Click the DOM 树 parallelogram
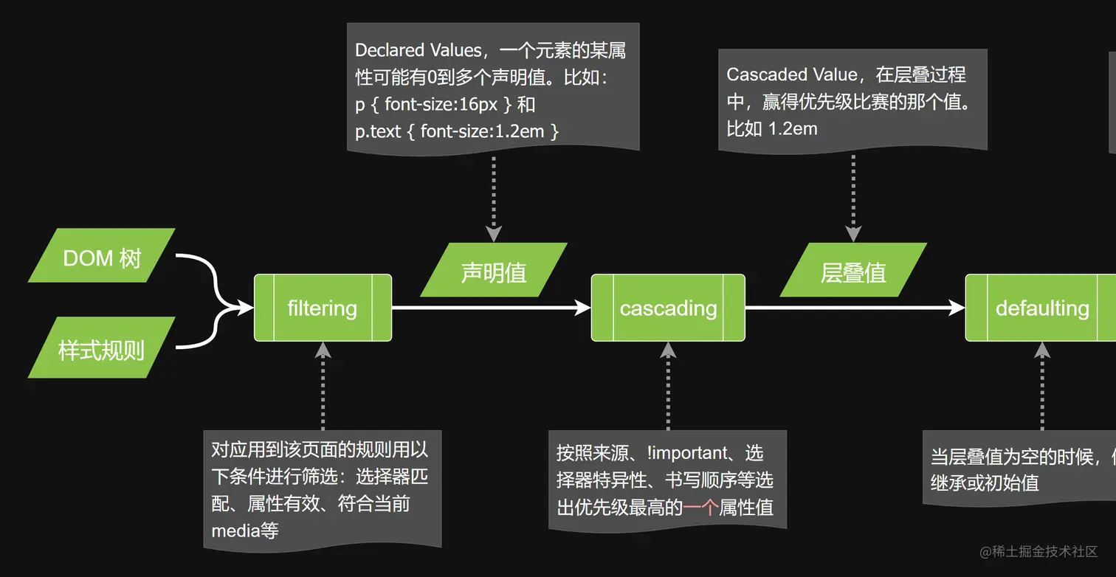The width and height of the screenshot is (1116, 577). (102, 255)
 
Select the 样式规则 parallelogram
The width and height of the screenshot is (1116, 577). (102, 348)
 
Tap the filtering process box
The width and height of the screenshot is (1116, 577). (323, 308)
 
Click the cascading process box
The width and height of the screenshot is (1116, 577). (668, 308)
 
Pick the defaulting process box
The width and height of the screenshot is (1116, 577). (1041, 308)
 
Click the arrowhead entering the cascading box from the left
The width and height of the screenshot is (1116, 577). (583, 308)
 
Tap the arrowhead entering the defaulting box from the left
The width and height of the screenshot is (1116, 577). (957, 308)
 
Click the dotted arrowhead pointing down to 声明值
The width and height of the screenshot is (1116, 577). (494, 234)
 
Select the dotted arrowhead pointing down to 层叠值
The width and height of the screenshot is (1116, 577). (853, 234)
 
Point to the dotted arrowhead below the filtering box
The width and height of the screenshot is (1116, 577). (323, 350)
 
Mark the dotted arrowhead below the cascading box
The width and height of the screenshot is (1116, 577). (668, 350)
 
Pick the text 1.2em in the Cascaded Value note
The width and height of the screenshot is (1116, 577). (793, 129)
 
